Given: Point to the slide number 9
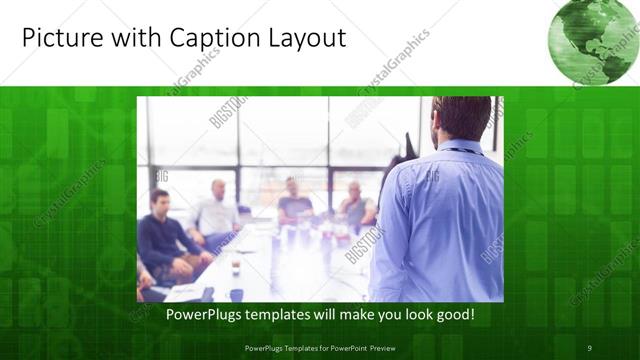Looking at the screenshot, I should click(589, 347).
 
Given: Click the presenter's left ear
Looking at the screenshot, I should click(441, 125).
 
